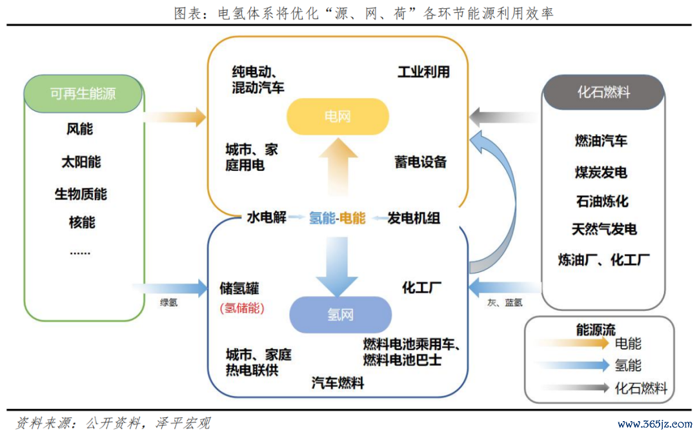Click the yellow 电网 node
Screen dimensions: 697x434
click(x=338, y=116)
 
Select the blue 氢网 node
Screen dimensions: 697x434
click(x=341, y=315)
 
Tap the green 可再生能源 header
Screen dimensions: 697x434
click(x=83, y=94)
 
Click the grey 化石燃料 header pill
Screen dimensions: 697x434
click(x=603, y=92)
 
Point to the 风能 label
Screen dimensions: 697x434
click(x=80, y=129)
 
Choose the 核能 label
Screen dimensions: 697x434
click(x=82, y=222)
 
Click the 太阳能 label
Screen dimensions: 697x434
click(x=81, y=162)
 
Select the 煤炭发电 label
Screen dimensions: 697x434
click(x=601, y=172)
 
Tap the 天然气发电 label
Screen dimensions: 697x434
click(x=604, y=229)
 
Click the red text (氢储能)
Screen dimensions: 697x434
click(x=242, y=308)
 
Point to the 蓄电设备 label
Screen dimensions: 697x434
click(x=421, y=162)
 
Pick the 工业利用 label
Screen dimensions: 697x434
click(x=423, y=72)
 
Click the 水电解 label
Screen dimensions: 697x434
click(x=267, y=217)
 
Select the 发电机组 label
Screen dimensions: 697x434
click(x=414, y=218)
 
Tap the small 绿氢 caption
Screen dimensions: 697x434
click(x=169, y=302)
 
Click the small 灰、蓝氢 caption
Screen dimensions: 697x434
click(x=505, y=302)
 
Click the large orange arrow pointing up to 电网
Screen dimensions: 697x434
click(x=338, y=167)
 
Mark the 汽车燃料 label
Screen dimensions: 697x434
click(x=338, y=382)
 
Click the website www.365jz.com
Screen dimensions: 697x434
click(x=655, y=423)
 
